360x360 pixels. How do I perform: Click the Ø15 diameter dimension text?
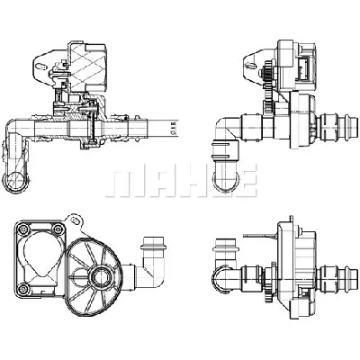pos(173,128)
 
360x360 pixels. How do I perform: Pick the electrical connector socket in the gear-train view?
pos(303,68)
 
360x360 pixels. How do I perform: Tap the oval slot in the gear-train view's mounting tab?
pos(251,65)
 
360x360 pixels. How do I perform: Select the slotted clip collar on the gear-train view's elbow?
pos(226,150)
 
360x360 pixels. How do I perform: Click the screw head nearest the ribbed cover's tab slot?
pos(57,230)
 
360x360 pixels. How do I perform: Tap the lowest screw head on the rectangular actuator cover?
pos(23,289)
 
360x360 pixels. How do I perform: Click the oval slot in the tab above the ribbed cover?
pos(76,220)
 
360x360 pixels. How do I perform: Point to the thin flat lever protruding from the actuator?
pos(260,236)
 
